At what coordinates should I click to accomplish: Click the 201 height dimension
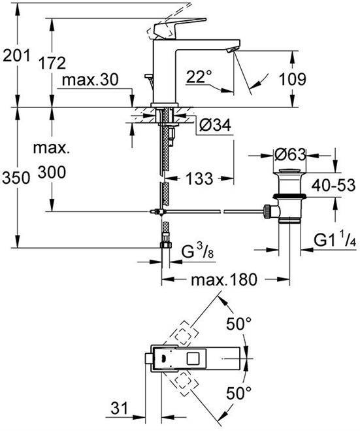tap(16, 57)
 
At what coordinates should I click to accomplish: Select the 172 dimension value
tap(52, 63)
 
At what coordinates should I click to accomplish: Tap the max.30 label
tap(90, 80)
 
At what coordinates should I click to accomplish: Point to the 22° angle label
tap(199, 77)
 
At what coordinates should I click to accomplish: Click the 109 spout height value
tap(292, 79)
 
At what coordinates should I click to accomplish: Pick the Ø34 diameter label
tap(216, 126)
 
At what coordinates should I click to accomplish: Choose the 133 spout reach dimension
tap(199, 178)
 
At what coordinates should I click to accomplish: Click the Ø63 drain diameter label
tap(289, 155)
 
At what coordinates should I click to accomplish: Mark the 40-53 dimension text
tap(333, 186)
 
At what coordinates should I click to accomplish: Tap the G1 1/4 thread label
tap(335, 241)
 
